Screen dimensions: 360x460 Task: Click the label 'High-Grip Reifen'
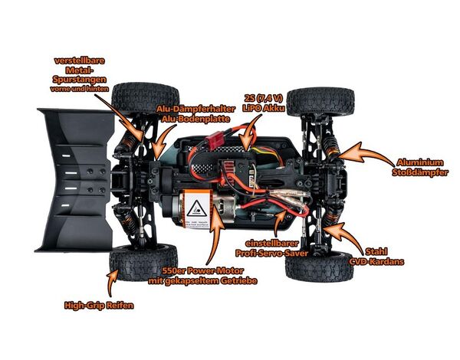click(x=100, y=306)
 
